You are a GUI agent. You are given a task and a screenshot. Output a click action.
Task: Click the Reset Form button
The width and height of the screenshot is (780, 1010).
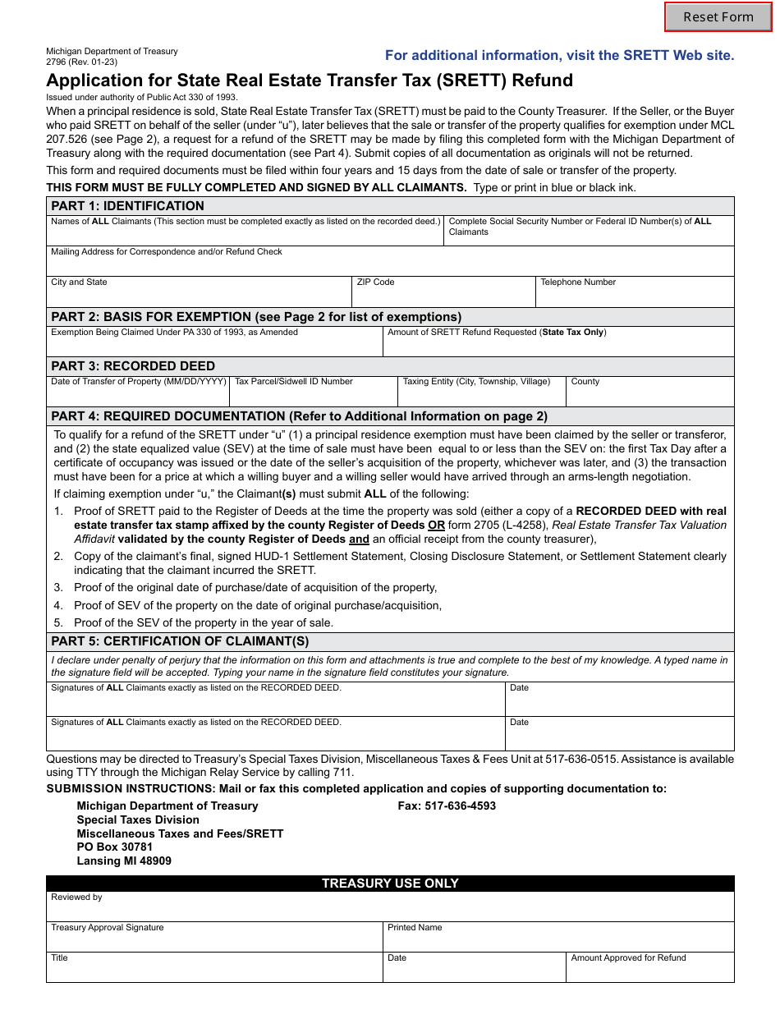(x=718, y=17)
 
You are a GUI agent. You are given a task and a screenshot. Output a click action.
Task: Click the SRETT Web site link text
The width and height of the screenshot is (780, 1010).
(x=559, y=56)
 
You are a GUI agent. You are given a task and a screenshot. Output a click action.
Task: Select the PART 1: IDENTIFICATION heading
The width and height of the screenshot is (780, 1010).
(x=127, y=206)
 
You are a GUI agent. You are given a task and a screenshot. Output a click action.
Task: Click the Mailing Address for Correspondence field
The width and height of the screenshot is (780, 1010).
(x=390, y=265)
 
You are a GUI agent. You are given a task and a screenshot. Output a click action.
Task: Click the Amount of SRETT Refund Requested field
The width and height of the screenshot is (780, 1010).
(x=558, y=346)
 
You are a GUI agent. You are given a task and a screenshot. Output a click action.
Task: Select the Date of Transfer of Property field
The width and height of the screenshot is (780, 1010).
(x=138, y=395)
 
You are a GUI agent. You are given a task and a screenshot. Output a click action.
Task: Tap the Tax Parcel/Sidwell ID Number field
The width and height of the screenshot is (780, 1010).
(x=314, y=395)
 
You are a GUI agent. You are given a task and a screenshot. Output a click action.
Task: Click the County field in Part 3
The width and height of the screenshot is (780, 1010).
(x=649, y=395)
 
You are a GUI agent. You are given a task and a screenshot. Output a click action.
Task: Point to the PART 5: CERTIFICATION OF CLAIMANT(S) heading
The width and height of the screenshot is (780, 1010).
(x=180, y=641)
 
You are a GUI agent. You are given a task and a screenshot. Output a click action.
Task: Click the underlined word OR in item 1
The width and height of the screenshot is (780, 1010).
(x=436, y=526)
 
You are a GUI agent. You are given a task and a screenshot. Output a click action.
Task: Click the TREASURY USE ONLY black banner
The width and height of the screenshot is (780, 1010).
(x=390, y=884)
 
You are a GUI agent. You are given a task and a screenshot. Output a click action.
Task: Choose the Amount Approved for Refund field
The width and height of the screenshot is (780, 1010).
(x=649, y=971)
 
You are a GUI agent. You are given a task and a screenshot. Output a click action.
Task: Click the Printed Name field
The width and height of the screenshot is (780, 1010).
(x=558, y=940)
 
